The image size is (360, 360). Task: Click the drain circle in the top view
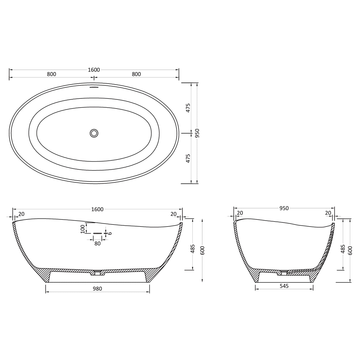94,133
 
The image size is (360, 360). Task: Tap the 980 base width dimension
97,289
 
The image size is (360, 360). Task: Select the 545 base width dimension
284,286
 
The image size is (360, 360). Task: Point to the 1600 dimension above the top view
94,70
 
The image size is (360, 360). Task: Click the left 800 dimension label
52,74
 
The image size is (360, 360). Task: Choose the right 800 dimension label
136,74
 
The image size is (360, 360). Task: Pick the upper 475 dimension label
188,108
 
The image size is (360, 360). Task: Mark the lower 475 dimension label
188,159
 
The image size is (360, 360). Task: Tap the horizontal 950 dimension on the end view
284,208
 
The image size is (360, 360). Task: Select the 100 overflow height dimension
82,229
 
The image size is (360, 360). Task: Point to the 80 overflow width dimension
97,243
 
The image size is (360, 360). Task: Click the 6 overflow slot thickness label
110,233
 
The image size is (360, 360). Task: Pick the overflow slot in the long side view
97,233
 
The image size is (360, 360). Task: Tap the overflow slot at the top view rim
94,87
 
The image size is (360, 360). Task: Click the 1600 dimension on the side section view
97,209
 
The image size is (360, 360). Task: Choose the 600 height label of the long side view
203,251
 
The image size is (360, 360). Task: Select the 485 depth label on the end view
343,249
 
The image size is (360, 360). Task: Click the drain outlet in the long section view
97,272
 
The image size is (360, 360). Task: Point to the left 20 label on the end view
240,213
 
